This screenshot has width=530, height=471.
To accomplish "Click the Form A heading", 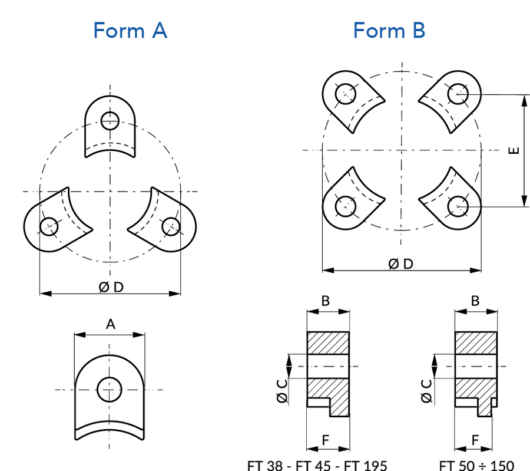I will [x=130, y=30].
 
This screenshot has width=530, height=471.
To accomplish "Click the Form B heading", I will [x=389, y=30].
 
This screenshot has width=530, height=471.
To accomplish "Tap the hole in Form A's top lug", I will [x=110, y=121].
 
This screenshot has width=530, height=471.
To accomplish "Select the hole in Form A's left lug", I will [x=48, y=226].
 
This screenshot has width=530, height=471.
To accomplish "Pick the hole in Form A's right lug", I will [x=171, y=226].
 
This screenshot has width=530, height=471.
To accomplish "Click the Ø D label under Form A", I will [x=111, y=286].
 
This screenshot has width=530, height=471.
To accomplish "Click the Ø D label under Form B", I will [x=400, y=264].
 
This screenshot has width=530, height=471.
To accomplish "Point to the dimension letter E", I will [x=514, y=150].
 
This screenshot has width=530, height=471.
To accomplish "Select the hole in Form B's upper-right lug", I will [x=458, y=94].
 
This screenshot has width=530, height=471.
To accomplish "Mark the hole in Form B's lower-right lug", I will [x=458, y=206].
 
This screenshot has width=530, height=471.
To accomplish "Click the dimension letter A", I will [x=110, y=324].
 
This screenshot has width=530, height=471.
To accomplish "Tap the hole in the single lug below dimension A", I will [x=109, y=390].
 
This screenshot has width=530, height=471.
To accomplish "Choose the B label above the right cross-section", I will [x=475, y=301].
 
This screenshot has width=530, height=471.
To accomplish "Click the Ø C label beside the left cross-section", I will [x=282, y=390].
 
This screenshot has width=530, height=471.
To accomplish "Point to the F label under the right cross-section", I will [x=475, y=439].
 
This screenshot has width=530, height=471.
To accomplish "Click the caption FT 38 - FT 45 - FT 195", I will [x=317, y=465].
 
